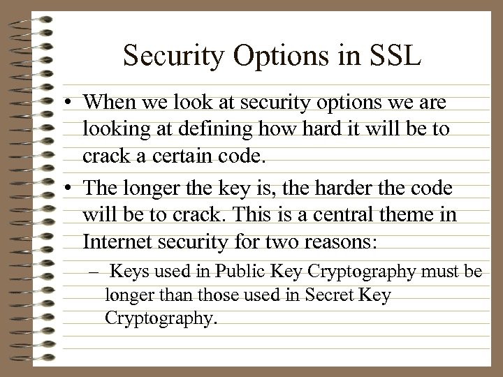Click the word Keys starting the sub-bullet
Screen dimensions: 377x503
(x=128, y=269)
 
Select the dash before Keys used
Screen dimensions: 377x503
(x=94, y=270)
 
